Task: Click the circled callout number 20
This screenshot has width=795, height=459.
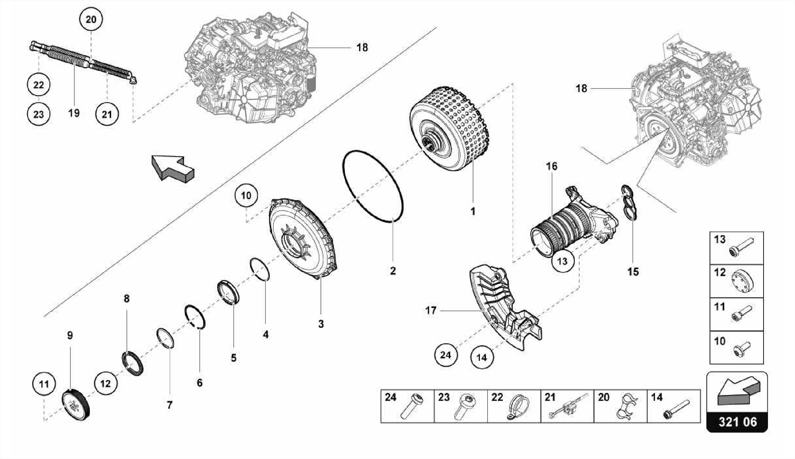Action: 91,19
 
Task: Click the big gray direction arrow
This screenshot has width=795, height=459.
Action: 172,168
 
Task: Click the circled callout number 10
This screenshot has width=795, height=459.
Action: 246,196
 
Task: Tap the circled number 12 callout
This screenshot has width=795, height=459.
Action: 106,384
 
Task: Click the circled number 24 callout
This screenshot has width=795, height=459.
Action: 445,355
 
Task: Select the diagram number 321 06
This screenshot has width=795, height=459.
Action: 737,422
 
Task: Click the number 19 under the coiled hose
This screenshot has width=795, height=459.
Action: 74,113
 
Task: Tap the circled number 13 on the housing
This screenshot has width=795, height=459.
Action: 562,261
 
